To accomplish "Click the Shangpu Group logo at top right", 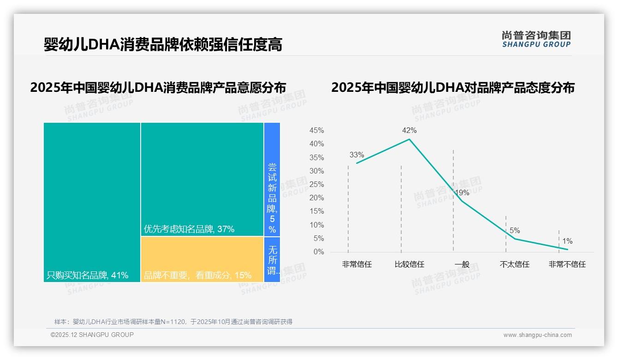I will [536, 39].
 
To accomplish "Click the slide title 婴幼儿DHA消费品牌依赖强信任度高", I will [163, 45].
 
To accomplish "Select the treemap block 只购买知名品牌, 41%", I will [92, 202].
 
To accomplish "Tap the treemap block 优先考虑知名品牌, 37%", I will [202, 179].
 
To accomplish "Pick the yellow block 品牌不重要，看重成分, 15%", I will [202, 259].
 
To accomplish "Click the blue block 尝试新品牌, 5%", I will [272, 179].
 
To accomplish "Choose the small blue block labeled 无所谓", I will [272, 259].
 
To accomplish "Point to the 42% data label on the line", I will [409, 131].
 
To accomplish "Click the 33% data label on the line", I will [357, 155].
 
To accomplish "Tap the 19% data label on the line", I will [462, 192].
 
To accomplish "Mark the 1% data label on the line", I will [567, 241].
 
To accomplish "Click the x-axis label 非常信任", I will [357, 264].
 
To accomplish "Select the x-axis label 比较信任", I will [409, 264].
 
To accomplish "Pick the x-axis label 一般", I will [462, 264].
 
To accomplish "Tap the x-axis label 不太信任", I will [514, 264].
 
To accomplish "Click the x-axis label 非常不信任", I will [567, 264].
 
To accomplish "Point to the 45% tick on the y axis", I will [316, 131].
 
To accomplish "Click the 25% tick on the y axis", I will [316, 185].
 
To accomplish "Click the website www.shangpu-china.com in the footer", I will [537, 335].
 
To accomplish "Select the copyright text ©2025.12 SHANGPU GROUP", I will [92, 335].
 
